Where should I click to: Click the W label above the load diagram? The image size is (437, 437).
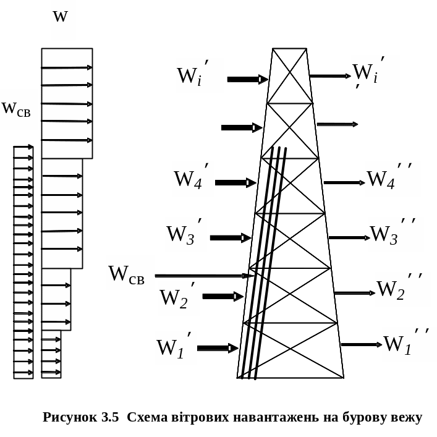(61, 17)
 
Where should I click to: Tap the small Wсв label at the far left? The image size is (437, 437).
(17, 109)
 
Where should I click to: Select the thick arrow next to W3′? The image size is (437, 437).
(231, 238)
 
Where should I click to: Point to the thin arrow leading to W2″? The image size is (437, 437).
(354, 293)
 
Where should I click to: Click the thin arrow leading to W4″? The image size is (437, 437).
(344, 183)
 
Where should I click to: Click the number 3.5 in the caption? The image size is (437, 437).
(109, 417)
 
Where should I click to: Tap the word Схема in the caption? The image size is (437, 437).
(148, 417)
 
